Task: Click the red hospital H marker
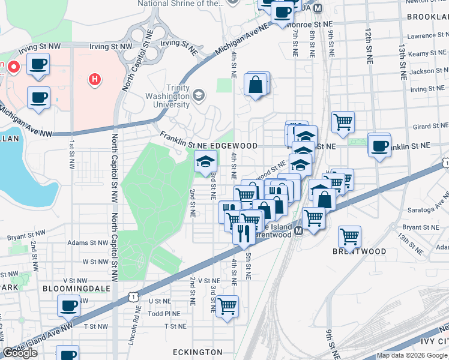click(94, 79)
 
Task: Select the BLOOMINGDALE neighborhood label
click(70, 288)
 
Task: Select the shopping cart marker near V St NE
click(227, 306)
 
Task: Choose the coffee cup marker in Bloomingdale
click(68, 306)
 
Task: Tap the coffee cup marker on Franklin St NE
click(379, 145)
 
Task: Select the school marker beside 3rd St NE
click(205, 161)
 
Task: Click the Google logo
click(20, 353)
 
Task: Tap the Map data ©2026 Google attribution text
click(412, 355)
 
